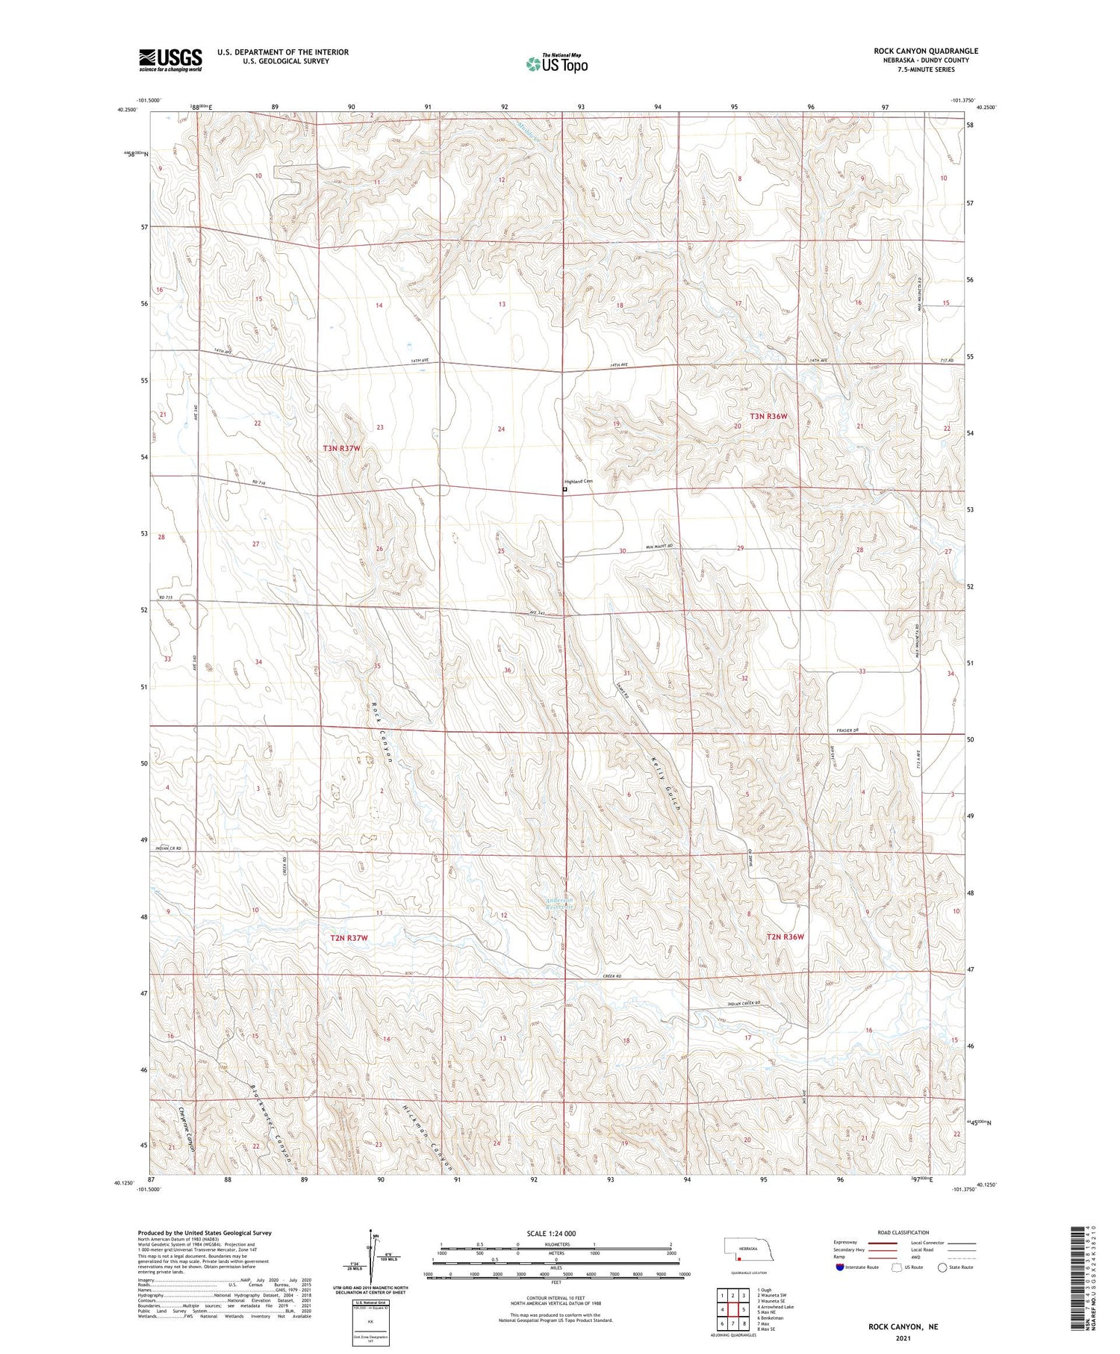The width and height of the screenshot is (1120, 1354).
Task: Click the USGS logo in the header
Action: pyautogui.click(x=170, y=60)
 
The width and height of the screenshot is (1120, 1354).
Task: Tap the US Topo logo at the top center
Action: pyautogui.click(x=557, y=64)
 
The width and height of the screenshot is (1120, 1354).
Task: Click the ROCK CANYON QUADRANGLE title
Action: pyautogui.click(x=926, y=51)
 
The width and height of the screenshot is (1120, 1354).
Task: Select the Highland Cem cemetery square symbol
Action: pyautogui.click(x=564, y=490)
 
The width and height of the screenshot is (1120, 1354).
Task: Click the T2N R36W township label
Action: pyautogui.click(x=784, y=937)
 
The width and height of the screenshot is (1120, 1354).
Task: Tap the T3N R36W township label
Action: pyautogui.click(x=768, y=416)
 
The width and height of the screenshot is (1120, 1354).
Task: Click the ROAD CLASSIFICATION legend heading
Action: pyautogui.click(x=903, y=1232)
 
